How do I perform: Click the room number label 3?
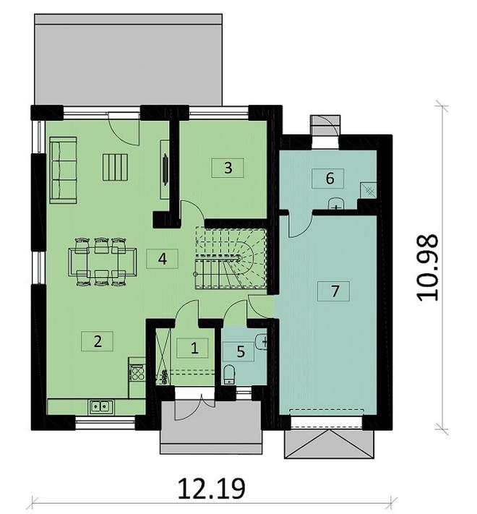228,168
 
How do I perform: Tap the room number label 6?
330,179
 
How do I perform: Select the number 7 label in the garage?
334,291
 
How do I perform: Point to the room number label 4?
162,259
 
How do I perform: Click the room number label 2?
98,341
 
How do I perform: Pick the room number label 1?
194,348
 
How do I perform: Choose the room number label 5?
240,352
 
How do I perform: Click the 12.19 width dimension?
212,489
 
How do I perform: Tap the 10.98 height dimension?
427,267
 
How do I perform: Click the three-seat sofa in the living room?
63,170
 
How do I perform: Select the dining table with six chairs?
103,262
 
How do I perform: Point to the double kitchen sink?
100,406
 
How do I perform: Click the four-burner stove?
137,372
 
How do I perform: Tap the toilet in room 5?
228,374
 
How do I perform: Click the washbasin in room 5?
262,341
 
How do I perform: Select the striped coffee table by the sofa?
115,167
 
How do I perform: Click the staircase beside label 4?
231,257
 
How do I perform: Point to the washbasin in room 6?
335,203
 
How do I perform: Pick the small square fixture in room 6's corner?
369,190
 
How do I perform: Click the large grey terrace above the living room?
128,60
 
